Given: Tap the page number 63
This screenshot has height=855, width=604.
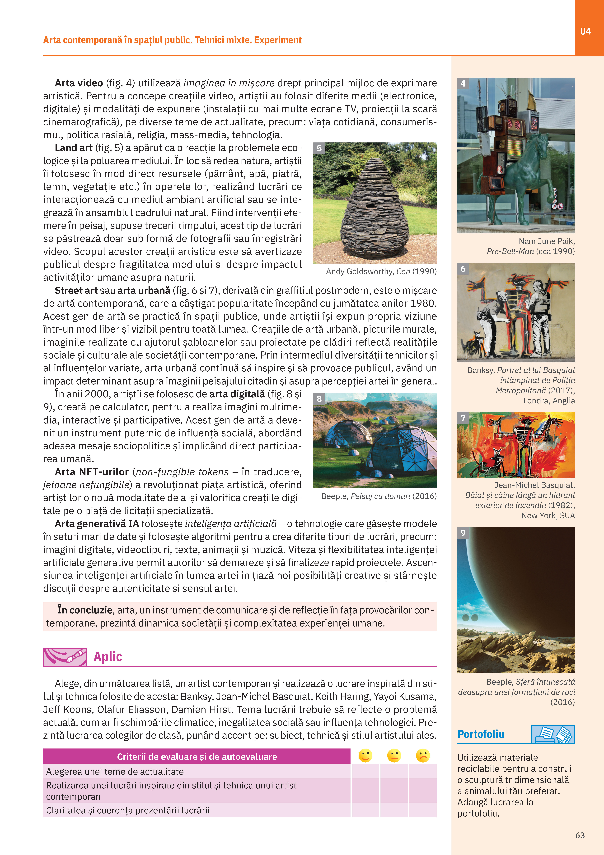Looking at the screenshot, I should click(x=580, y=835).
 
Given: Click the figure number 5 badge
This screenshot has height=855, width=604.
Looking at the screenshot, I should click(x=319, y=148).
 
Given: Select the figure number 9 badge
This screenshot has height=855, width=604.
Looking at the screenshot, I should click(x=463, y=533).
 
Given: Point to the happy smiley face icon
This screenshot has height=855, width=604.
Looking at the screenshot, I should click(x=365, y=756).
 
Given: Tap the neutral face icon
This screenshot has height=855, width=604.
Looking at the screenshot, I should click(x=394, y=756).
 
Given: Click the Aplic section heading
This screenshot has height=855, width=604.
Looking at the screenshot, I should click(x=108, y=656).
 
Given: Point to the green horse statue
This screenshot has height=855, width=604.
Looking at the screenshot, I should click(x=528, y=175).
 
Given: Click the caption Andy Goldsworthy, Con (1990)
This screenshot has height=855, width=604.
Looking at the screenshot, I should click(x=381, y=272).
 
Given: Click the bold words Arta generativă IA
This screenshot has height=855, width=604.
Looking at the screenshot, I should click(x=97, y=524).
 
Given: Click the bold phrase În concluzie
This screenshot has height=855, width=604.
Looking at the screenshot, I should click(x=85, y=610).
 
